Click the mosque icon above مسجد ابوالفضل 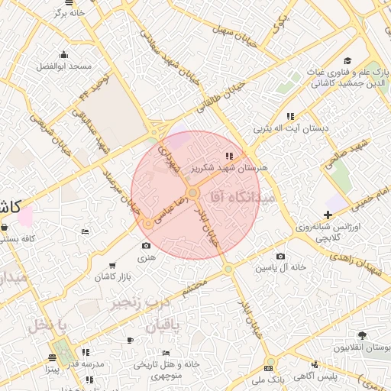63,54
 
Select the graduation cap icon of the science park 347,61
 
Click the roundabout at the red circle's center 194,194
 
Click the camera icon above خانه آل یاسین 280,256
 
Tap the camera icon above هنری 146,246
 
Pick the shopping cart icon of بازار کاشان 113,264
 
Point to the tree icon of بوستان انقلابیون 362,334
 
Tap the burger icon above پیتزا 52,357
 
